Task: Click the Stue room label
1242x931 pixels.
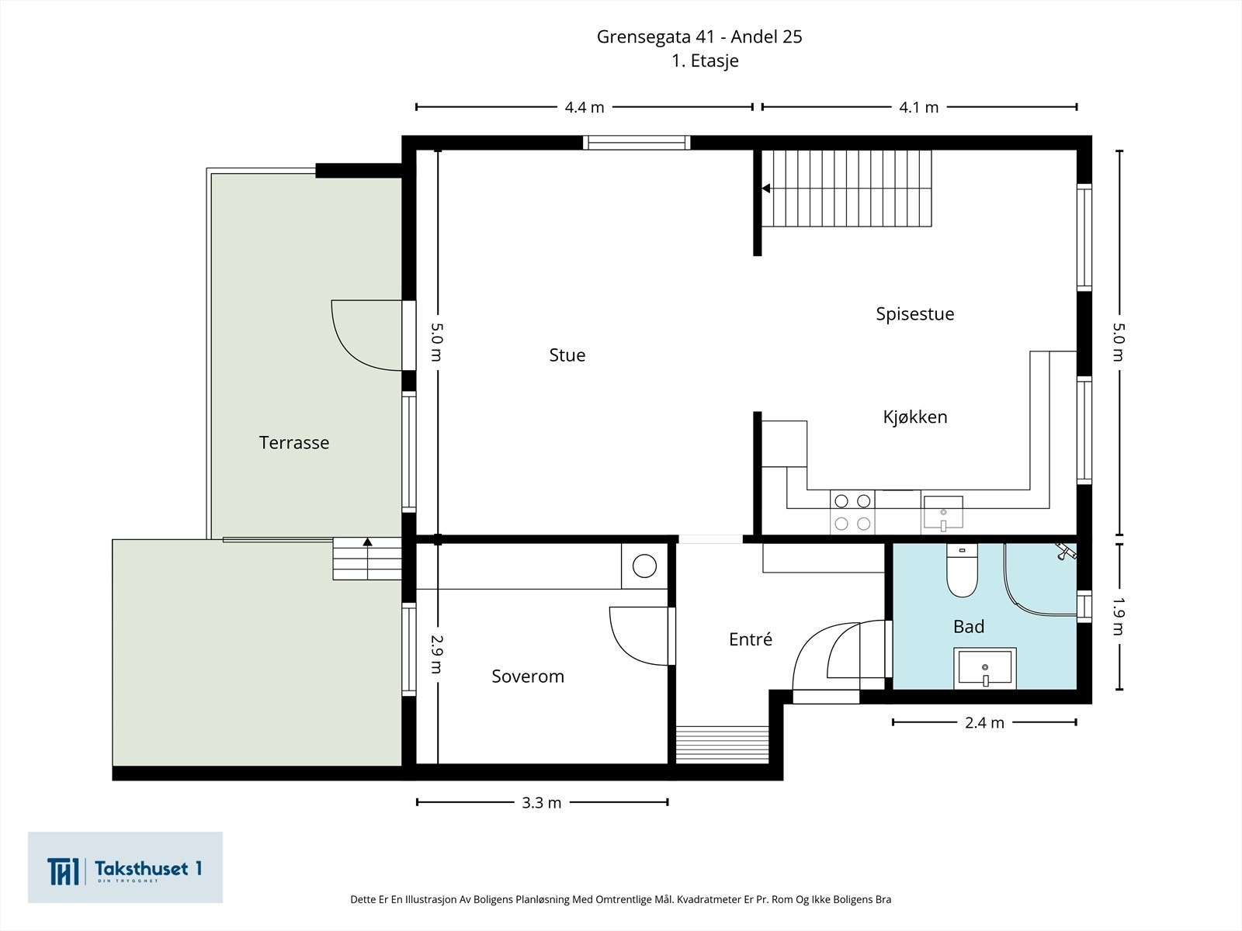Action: pyautogui.click(x=567, y=355)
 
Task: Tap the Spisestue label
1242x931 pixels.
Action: pyautogui.click(x=914, y=314)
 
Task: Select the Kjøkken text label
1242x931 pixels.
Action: pyautogui.click(x=914, y=417)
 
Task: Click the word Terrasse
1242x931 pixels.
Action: pyautogui.click(x=293, y=443)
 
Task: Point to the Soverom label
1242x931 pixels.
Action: pyautogui.click(x=527, y=677)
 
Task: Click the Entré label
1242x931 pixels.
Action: pyautogui.click(x=750, y=640)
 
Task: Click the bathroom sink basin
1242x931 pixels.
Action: pyautogui.click(x=984, y=668)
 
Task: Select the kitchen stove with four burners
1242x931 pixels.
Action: pyautogui.click(x=852, y=512)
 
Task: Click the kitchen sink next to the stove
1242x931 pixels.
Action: pyautogui.click(x=942, y=513)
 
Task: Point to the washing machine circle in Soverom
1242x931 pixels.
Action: pyautogui.click(x=644, y=566)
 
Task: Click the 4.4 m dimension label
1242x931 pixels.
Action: pyautogui.click(x=584, y=108)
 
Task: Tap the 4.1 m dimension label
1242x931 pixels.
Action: pyautogui.click(x=918, y=108)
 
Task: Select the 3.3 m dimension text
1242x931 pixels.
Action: pyautogui.click(x=541, y=803)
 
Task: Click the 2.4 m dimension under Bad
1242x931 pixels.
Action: pyautogui.click(x=984, y=723)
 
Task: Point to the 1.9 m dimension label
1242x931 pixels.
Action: pyautogui.click(x=1119, y=616)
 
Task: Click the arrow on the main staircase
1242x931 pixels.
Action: pyautogui.click(x=765, y=189)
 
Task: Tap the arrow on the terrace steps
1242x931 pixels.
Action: pyautogui.click(x=367, y=543)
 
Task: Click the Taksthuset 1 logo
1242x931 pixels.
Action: pyautogui.click(x=125, y=867)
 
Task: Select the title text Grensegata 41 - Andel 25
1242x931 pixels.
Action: pyautogui.click(x=699, y=36)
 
